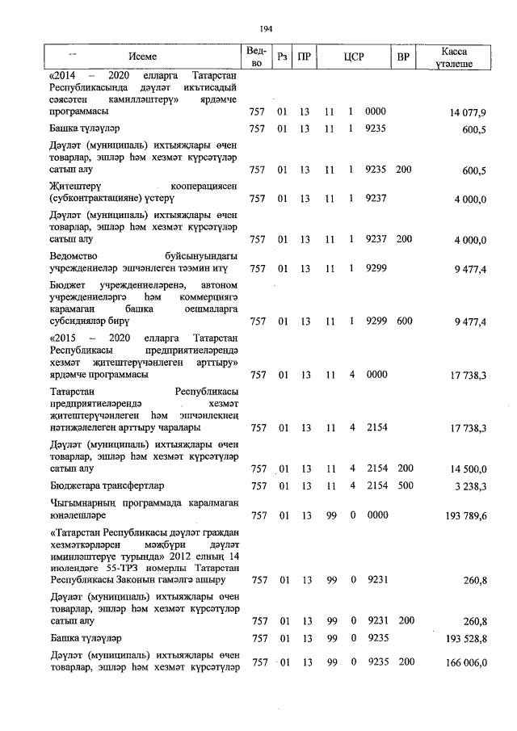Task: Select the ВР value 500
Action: click(x=404, y=485)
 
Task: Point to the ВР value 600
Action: click(x=404, y=321)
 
